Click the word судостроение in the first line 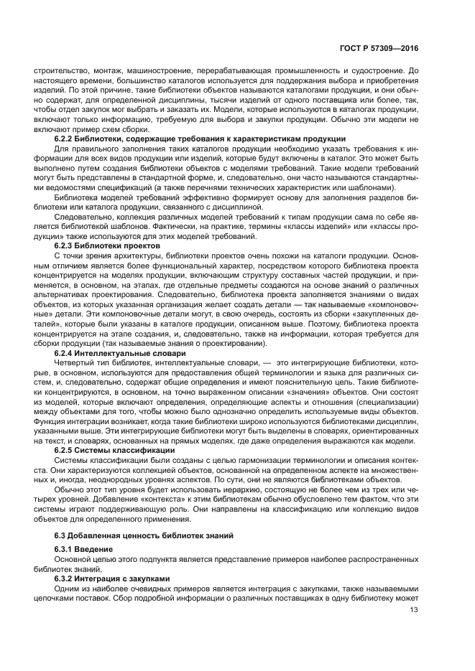point(379,70)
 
